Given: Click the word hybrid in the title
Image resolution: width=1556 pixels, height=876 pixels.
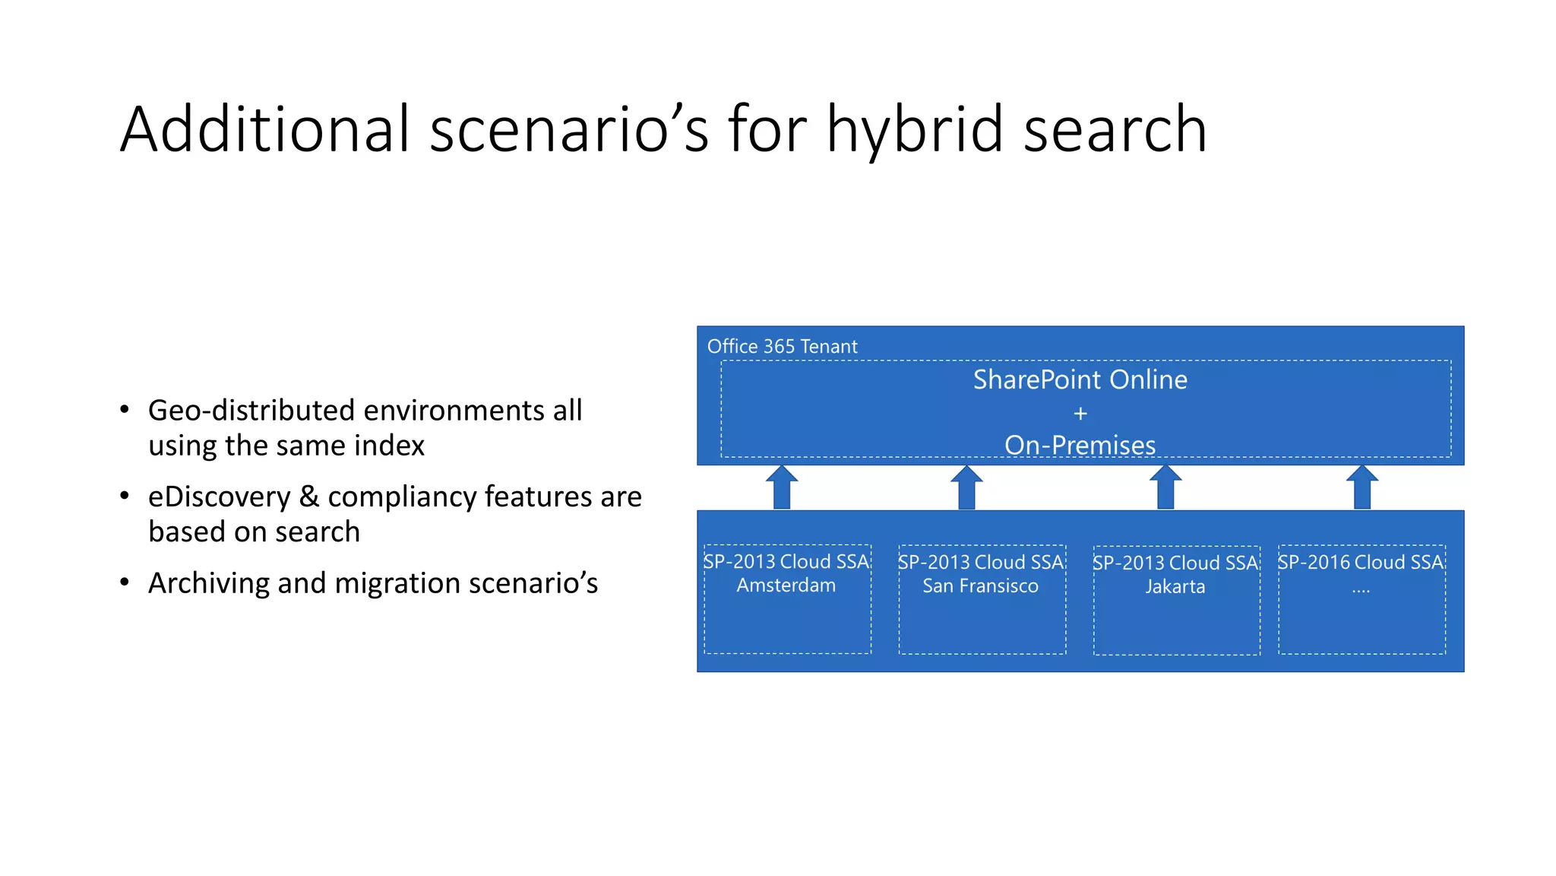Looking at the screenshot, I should pyautogui.click(x=914, y=129).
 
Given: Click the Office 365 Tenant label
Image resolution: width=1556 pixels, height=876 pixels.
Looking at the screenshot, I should pyautogui.click(x=782, y=347).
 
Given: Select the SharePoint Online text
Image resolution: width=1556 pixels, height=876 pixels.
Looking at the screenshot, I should pyautogui.click(x=1080, y=379).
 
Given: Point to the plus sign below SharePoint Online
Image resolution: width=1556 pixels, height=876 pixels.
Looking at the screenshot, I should pyautogui.click(x=1080, y=414).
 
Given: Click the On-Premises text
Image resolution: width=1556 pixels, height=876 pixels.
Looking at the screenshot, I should pyautogui.click(x=1080, y=445).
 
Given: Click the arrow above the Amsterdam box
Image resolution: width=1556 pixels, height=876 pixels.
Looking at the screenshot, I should pyautogui.click(x=782, y=488).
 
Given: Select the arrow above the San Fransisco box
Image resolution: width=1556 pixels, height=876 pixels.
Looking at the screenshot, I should pyautogui.click(x=966, y=488).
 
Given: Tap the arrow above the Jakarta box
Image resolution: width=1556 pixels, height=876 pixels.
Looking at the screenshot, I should pyautogui.click(x=1165, y=488).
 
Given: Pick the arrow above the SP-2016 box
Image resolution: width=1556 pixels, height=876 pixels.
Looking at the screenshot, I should pyautogui.click(x=1361, y=488).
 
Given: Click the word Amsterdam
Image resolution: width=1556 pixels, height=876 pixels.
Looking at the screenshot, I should pyautogui.click(x=786, y=586).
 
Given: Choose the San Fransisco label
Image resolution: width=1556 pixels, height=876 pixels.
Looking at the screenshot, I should pyautogui.click(x=980, y=586).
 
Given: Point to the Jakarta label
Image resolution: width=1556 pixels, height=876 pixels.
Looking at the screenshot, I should pyautogui.click(x=1175, y=587).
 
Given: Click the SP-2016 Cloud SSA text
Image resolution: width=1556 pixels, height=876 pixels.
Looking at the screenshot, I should pyautogui.click(x=1360, y=562).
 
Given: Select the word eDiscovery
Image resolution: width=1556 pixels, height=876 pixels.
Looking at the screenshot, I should pyautogui.click(x=219, y=497).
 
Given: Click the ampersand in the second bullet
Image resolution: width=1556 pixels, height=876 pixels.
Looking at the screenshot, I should pyautogui.click(x=309, y=497).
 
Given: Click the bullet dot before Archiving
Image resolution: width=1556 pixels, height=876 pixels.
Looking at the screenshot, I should pyautogui.click(x=125, y=582).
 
